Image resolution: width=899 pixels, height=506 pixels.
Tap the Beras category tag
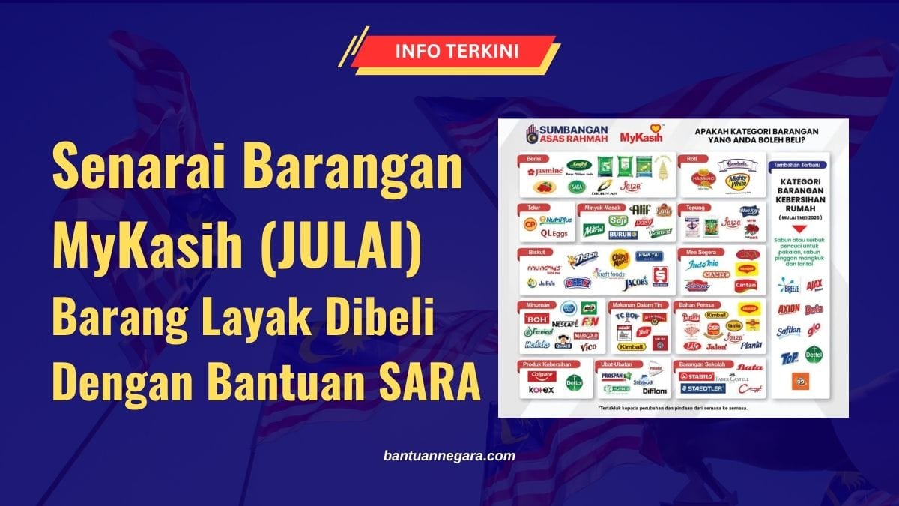pyautogui.click(x=532, y=159)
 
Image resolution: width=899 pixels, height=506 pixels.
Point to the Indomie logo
pyautogui.click(x=703, y=265)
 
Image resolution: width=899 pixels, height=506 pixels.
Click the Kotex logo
pyautogui.click(x=540, y=390)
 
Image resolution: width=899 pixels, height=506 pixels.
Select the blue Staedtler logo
pyautogui.click(x=702, y=390)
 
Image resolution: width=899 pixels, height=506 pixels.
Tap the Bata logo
pyautogui.click(x=748, y=368)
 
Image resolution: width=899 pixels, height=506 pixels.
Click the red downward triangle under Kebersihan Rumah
pyautogui.click(x=802, y=217)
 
